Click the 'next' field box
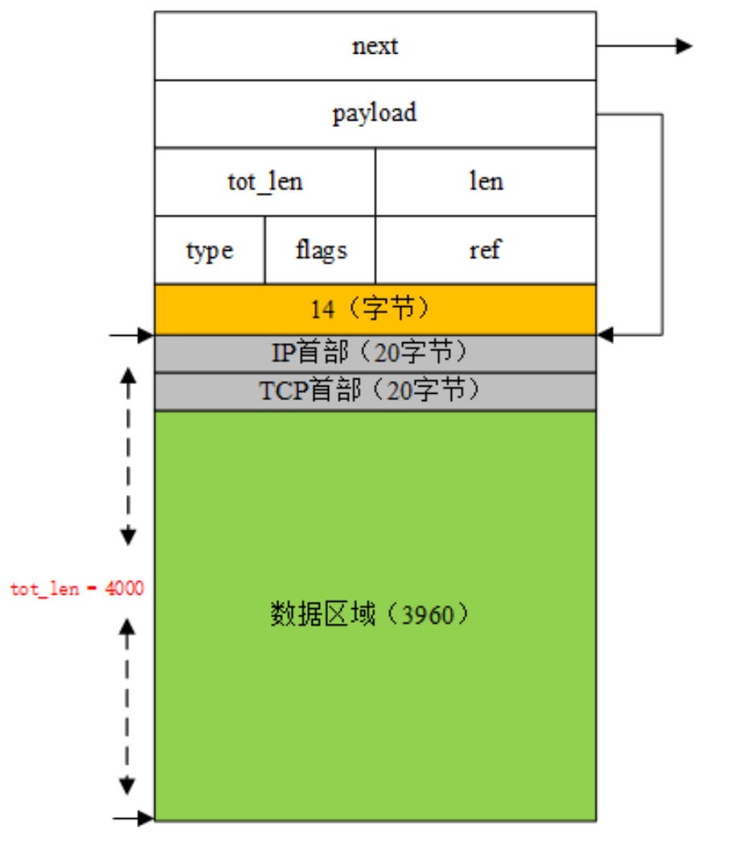(x=375, y=46)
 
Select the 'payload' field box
(x=375, y=113)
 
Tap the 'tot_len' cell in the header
(x=265, y=182)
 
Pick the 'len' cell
(x=486, y=182)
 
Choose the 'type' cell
(x=209, y=251)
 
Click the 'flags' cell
(x=320, y=251)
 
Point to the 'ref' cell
(x=486, y=251)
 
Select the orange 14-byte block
(x=375, y=309)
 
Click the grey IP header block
(x=375, y=354)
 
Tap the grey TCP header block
(x=375, y=391)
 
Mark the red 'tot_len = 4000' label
(x=76, y=589)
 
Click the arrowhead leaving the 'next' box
(x=684, y=46)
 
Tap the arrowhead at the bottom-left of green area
(x=146, y=819)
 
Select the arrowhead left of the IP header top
(x=146, y=334)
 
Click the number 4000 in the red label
(x=126, y=589)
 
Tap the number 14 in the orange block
(x=322, y=309)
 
